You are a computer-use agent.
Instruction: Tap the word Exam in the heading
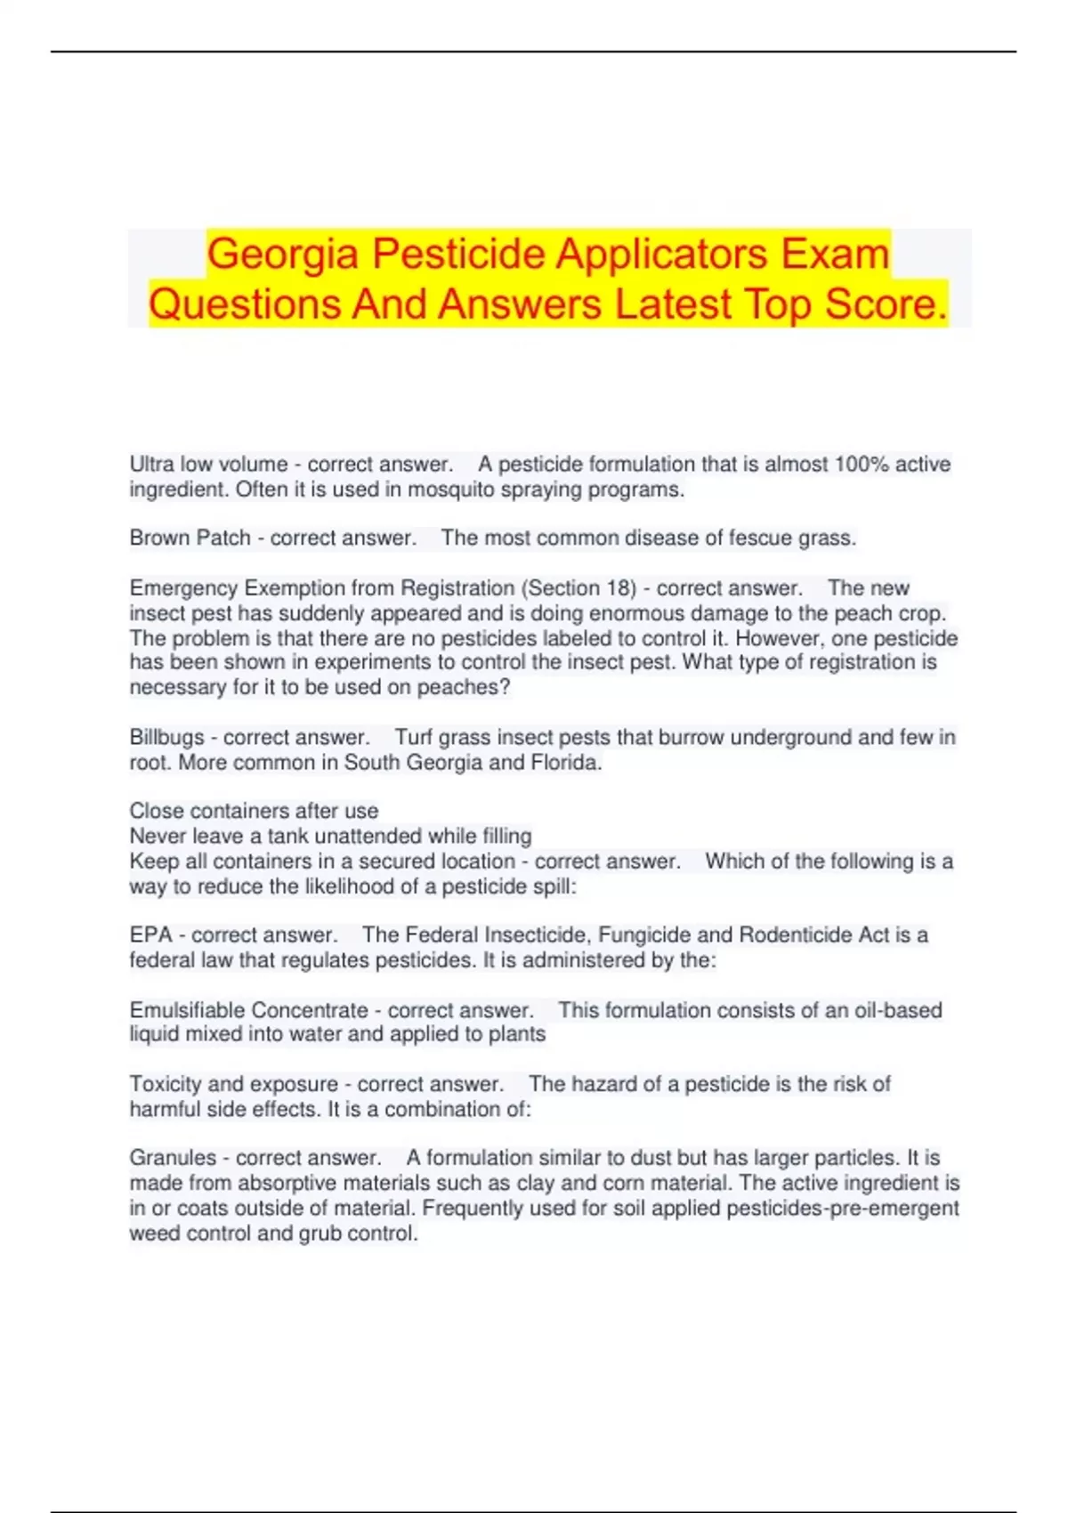point(836,254)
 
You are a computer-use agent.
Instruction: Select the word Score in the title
point(886,303)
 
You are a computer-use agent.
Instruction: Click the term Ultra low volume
point(208,465)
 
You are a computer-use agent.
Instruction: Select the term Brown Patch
point(190,538)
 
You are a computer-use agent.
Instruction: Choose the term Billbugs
point(166,738)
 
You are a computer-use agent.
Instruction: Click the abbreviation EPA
point(150,935)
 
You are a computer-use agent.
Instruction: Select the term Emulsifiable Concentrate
point(248,1011)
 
